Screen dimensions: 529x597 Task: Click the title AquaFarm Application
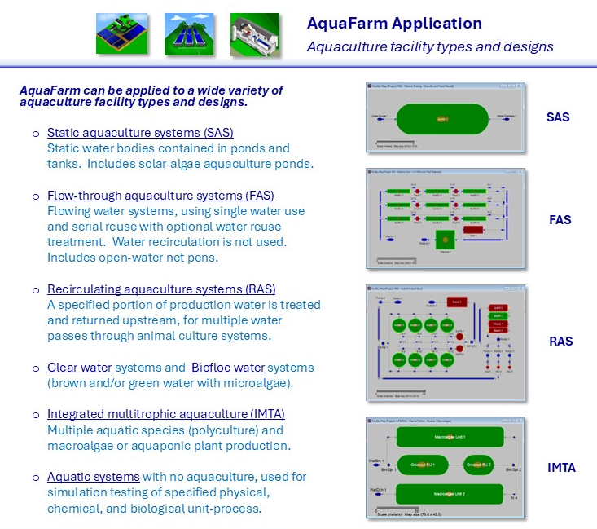[394, 24]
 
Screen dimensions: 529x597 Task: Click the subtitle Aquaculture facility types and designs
[430, 46]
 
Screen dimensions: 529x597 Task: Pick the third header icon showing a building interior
[255, 34]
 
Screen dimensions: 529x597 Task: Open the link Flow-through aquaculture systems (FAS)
[160, 196]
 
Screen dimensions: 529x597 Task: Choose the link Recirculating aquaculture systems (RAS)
[161, 289]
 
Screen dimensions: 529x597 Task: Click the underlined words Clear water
[79, 368]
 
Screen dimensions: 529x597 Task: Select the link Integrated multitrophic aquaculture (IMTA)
[166, 414]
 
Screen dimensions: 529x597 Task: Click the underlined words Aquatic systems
[93, 477]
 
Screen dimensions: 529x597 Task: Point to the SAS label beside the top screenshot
[558, 117]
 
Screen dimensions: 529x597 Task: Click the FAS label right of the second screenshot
[560, 220]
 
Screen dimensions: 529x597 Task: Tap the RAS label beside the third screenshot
[560, 342]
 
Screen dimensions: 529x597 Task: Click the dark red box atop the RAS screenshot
[455, 303]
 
